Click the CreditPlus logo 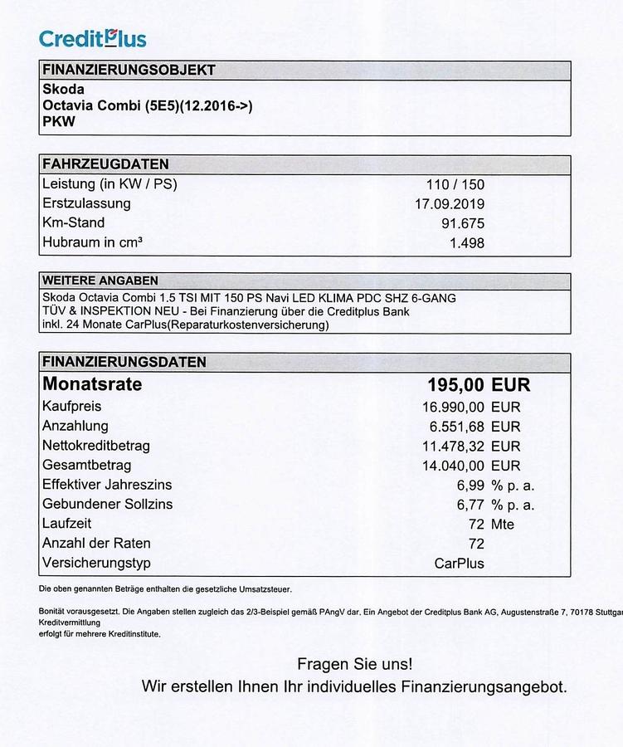click(x=93, y=38)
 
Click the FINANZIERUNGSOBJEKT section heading click(x=129, y=70)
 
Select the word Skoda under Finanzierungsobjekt click(x=63, y=89)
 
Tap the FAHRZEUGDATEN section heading click(x=105, y=164)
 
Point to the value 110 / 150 click(x=455, y=184)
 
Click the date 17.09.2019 click(x=450, y=203)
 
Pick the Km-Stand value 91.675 click(x=463, y=223)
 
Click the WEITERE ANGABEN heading click(x=100, y=281)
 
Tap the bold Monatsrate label click(x=92, y=384)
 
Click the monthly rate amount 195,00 click(x=455, y=385)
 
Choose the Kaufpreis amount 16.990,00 click(x=453, y=407)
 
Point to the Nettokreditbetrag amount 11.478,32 click(x=453, y=446)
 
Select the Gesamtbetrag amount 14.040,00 click(x=453, y=466)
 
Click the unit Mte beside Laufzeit click(x=503, y=525)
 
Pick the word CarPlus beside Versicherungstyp click(x=460, y=564)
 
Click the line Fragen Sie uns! click(x=354, y=664)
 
